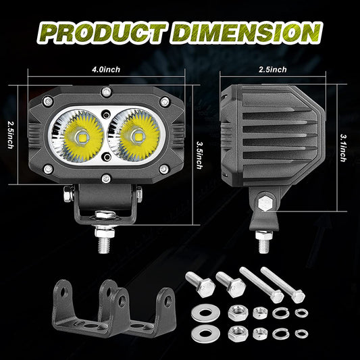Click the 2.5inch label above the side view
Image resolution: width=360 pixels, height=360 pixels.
coord(272,70)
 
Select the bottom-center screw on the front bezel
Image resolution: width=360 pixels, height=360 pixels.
coord(106,178)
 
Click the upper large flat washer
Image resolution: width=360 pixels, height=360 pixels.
coord(204,313)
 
